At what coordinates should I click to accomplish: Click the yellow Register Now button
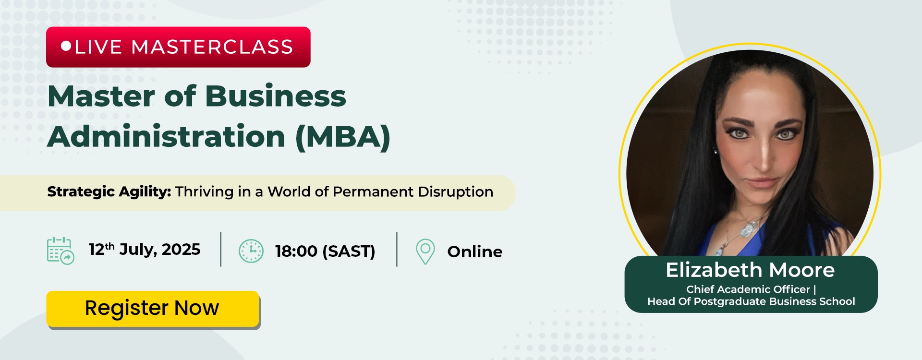pyautogui.click(x=153, y=309)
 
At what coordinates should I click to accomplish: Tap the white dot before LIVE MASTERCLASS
pyautogui.click(x=66, y=46)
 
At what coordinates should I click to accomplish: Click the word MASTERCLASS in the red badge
pyautogui.click(x=212, y=47)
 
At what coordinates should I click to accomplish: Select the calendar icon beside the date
pyautogui.click(x=61, y=251)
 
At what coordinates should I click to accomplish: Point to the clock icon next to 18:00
pyautogui.click(x=251, y=251)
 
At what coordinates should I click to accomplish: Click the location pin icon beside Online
pyautogui.click(x=425, y=252)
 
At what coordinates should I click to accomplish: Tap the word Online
pyautogui.click(x=475, y=252)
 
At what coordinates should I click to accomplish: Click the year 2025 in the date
pyautogui.click(x=181, y=250)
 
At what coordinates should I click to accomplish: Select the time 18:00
pyautogui.click(x=296, y=251)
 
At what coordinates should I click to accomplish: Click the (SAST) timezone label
pyautogui.click(x=349, y=251)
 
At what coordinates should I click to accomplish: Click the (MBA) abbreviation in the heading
pyautogui.click(x=343, y=137)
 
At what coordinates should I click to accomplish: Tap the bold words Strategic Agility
pyautogui.click(x=109, y=192)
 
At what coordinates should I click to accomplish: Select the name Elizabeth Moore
pyautogui.click(x=750, y=270)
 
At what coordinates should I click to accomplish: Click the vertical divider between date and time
pyautogui.click(x=221, y=250)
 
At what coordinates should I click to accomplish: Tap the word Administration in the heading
pyautogui.click(x=167, y=136)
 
